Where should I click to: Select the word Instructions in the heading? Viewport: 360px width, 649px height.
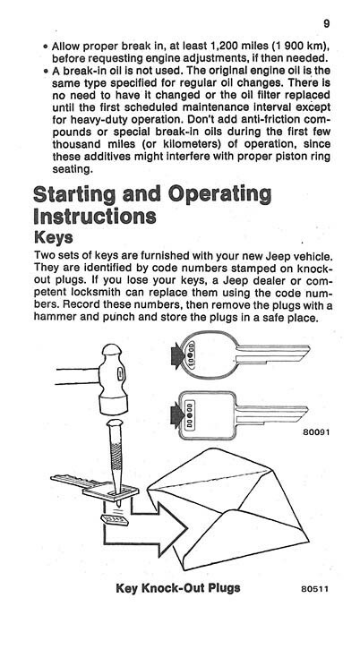[94, 217]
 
